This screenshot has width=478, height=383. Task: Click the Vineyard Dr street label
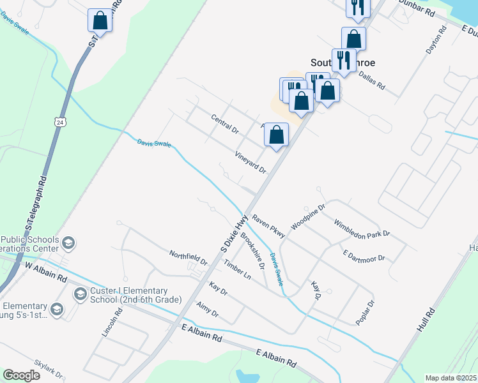pyautogui.click(x=250, y=162)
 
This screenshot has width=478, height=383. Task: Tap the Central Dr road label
pyautogui.click(x=224, y=124)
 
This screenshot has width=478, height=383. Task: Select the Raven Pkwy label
pyautogui.click(x=268, y=227)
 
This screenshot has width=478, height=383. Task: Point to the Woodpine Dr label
pyautogui.click(x=309, y=217)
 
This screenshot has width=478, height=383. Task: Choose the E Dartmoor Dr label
pyautogui.click(x=364, y=255)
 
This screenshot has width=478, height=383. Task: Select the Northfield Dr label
pyautogui.click(x=189, y=257)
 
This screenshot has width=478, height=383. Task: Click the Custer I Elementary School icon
pyautogui.click(x=81, y=294)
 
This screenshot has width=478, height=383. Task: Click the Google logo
pyautogui.click(x=22, y=375)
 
